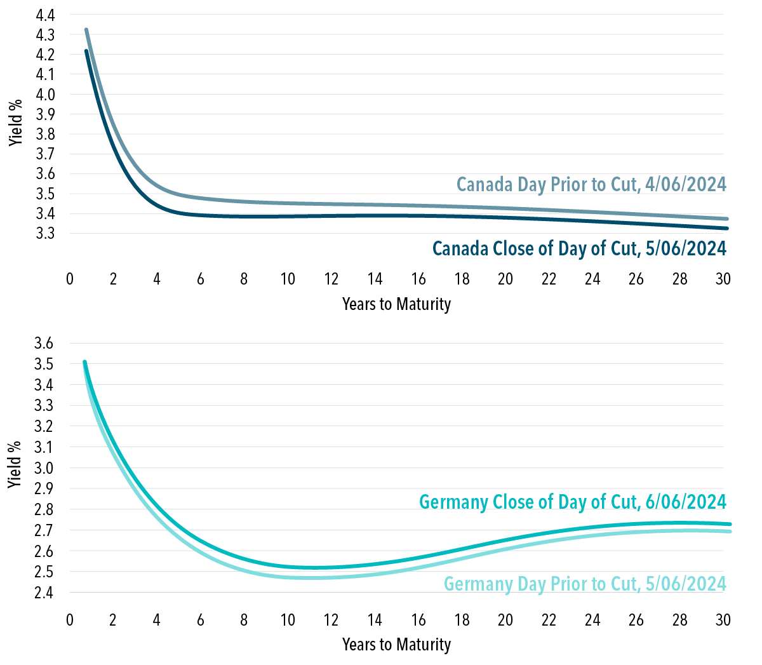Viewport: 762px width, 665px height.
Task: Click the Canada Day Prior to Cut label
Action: click(591, 184)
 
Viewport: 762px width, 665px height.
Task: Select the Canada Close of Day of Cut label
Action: click(579, 248)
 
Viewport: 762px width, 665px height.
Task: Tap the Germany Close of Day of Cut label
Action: click(572, 502)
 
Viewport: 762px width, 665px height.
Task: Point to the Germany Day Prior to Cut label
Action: click(584, 584)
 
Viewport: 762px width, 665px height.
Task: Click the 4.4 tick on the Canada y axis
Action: click(45, 15)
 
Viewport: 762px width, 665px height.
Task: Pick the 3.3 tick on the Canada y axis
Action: click(45, 234)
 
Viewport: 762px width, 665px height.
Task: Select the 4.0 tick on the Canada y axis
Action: click(45, 95)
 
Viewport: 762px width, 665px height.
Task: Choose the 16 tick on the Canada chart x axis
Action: click(418, 279)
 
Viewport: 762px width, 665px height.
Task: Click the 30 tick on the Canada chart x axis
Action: click(723, 279)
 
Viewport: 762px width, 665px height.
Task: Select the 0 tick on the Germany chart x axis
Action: click(70, 620)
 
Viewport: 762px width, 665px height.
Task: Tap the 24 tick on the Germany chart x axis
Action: click(592, 620)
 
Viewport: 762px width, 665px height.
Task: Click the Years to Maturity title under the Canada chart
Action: click(396, 304)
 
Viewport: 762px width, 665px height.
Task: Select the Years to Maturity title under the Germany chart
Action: click(396, 645)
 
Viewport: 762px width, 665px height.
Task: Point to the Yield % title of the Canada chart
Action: click(16, 123)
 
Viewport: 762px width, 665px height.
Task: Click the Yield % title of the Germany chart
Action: click(16, 464)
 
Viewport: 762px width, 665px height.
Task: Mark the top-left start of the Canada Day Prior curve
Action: click(86, 30)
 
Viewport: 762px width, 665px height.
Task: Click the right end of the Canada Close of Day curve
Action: click(726, 228)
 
